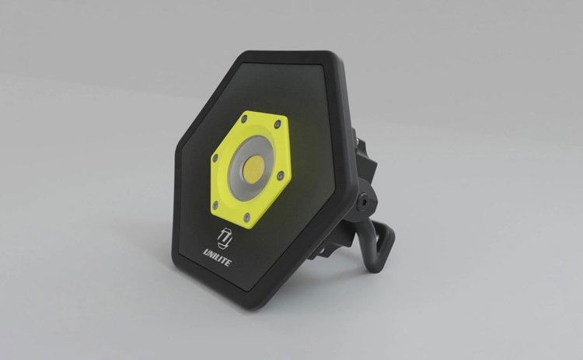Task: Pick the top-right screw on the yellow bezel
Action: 278,124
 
